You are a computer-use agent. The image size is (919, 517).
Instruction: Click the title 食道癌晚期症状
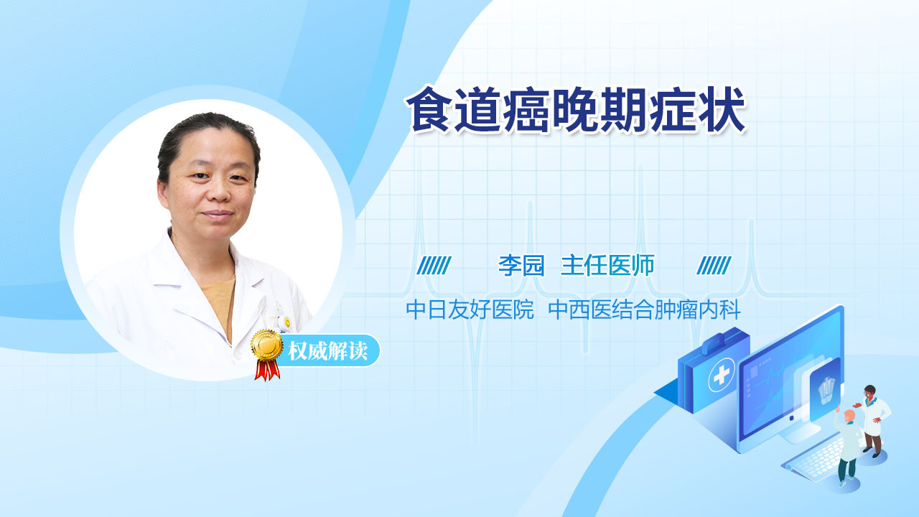(576, 110)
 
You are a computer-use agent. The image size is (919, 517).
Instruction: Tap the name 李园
(521, 266)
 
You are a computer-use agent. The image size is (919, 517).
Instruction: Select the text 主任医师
(607, 266)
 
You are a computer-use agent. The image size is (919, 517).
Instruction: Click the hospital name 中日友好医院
(470, 309)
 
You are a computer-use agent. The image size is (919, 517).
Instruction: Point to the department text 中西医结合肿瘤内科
(644, 309)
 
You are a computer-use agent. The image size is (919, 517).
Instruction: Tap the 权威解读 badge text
(328, 351)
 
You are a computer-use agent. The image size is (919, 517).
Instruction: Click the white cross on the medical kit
(722, 375)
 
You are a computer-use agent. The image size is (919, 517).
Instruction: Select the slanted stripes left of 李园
(434, 266)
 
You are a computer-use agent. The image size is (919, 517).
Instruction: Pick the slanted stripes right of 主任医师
(714, 266)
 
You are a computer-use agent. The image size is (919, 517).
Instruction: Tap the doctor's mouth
(217, 215)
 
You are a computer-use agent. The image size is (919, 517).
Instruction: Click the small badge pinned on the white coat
(287, 322)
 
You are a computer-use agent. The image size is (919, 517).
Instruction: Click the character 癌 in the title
(526, 110)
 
